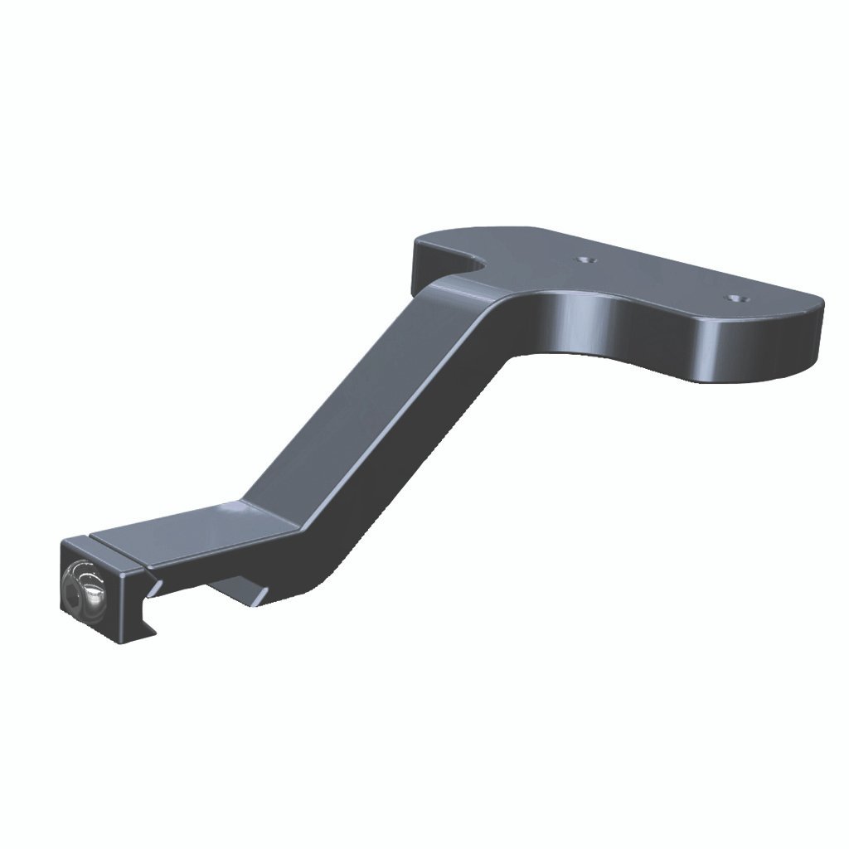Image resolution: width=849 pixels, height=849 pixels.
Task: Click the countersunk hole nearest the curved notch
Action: tap(588, 260)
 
